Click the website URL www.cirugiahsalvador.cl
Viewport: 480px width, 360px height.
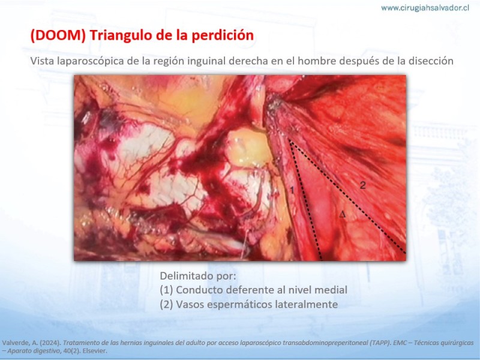click(x=425, y=8)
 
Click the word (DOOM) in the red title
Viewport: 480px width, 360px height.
click(x=58, y=35)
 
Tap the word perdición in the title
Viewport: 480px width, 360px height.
click(x=223, y=35)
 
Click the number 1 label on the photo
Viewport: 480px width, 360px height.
click(x=292, y=190)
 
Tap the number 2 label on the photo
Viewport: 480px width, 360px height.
click(x=363, y=185)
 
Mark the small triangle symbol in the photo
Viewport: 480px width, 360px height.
click(x=342, y=214)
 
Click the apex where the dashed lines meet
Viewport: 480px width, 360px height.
click(x=289, y=141)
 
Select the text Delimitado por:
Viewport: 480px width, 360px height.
click(x=198, y=276)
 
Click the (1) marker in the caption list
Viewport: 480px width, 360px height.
click(x=166, y=290)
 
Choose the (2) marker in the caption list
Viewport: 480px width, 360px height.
click(x=166, y=304)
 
